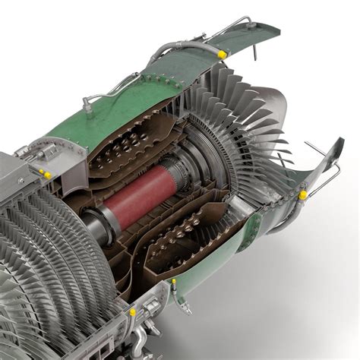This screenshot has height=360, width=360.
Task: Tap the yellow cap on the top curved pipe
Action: [x=222, y=54]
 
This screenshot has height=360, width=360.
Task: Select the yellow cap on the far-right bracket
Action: [x=302, y=195]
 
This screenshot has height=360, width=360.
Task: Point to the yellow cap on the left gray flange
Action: [x=47, y=175]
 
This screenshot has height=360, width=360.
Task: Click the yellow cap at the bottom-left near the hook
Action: [x=132, y=311]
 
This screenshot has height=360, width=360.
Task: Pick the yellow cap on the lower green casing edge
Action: [x=173, y=284]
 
